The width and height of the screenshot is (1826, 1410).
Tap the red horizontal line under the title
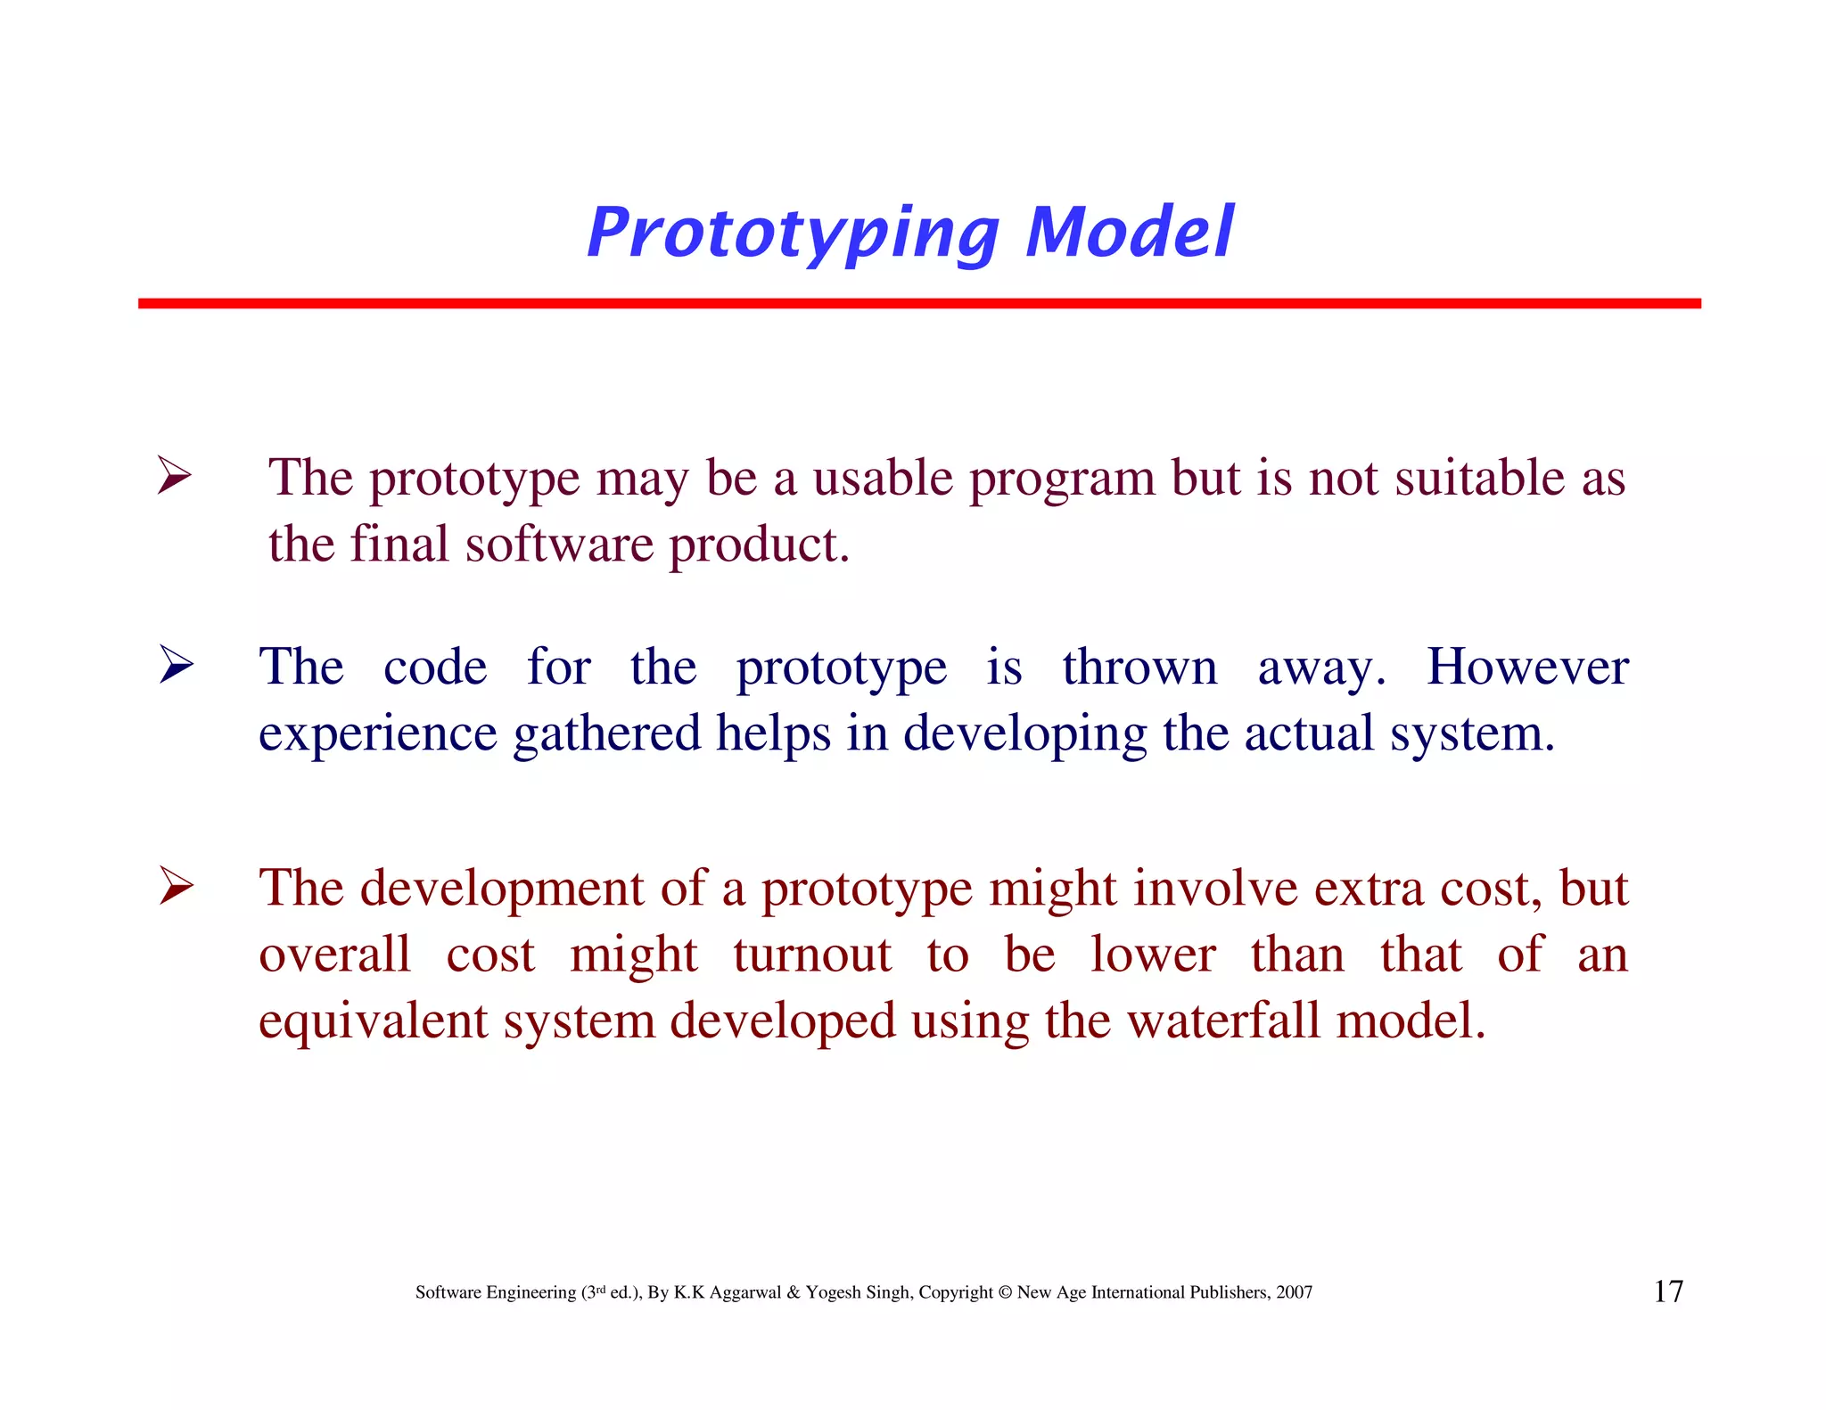point(918,304)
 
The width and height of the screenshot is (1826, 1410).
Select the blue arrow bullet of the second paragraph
point(177,665)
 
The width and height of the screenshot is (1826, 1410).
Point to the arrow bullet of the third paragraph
point(177,886)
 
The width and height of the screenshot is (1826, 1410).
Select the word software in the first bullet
point(559,545)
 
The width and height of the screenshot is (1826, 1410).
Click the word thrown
point(1139,668)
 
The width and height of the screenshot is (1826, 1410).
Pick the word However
point(1527,668)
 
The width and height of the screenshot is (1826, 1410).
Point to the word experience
point(377,735)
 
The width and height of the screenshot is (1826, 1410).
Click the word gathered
point(607,735)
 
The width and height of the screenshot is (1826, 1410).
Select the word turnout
point(811,955)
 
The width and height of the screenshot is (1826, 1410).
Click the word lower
point(1153,955)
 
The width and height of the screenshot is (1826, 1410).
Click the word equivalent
point(373,1021)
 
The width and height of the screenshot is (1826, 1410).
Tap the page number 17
point(1668,1291)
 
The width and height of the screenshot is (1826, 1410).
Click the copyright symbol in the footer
point(1005,1292)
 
